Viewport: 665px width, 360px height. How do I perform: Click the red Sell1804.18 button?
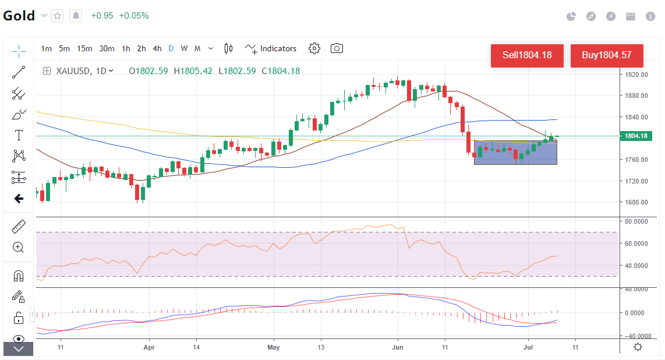click(x=527, y=55)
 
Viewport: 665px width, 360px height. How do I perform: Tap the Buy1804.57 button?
click(x=607, y=55)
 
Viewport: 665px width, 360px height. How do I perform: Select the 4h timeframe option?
click(x=157, y=48)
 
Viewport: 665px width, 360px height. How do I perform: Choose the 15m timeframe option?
click(x=84, y=48)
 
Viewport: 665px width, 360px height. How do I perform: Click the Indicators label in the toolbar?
click(x=278, y=48)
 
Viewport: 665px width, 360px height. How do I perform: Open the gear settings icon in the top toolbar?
click(x=314, y=48)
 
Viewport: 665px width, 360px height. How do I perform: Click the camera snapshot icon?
click(x=337, y=48)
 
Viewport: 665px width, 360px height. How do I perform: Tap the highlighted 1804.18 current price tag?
click(x=636, y=136)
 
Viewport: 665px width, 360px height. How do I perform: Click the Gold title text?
click(x=19, y=16)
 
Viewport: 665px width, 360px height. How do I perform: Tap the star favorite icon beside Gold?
click(x=57, y=16)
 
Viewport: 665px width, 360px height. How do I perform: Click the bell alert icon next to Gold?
click(x=76, y=16)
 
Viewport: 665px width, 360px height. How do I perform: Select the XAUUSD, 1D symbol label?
click(x=81, y=71)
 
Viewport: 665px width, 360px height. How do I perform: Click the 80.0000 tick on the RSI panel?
click(x=636, y=221)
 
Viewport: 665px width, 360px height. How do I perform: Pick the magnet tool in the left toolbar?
click(x=19, y=276)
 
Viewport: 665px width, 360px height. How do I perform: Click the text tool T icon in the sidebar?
click(x=19, y=135)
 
